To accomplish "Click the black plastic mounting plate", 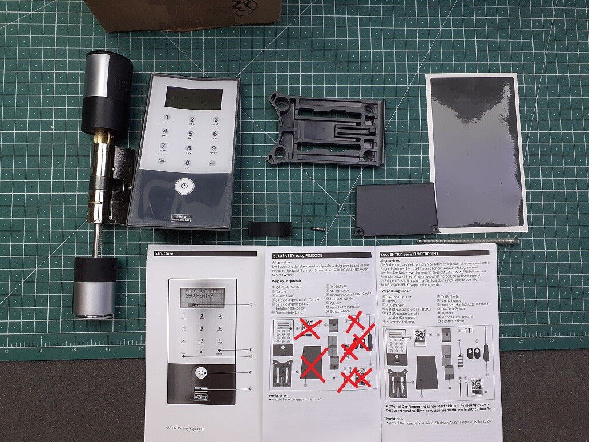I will pyautogui.click(x=326, y=131).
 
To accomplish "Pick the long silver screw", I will pyautogui.click(x=468, y=240).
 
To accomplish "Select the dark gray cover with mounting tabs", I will pyautogui.click(x=397, y=209).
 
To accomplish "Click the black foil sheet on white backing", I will pyautogui.click(x=476, y=151).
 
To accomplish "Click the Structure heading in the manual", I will pyautogui.click(x=163, y=253).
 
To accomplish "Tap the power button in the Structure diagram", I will pyautogui.click(x=200, y=372).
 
